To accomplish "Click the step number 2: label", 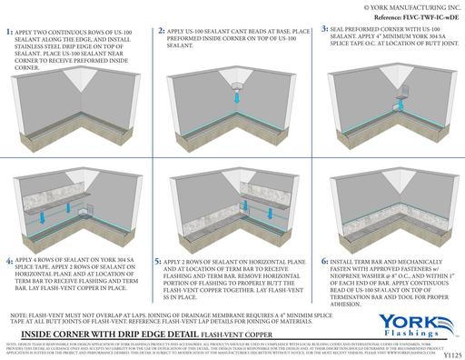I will (x=161, y=31).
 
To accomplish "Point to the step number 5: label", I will (x=160, y=234).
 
